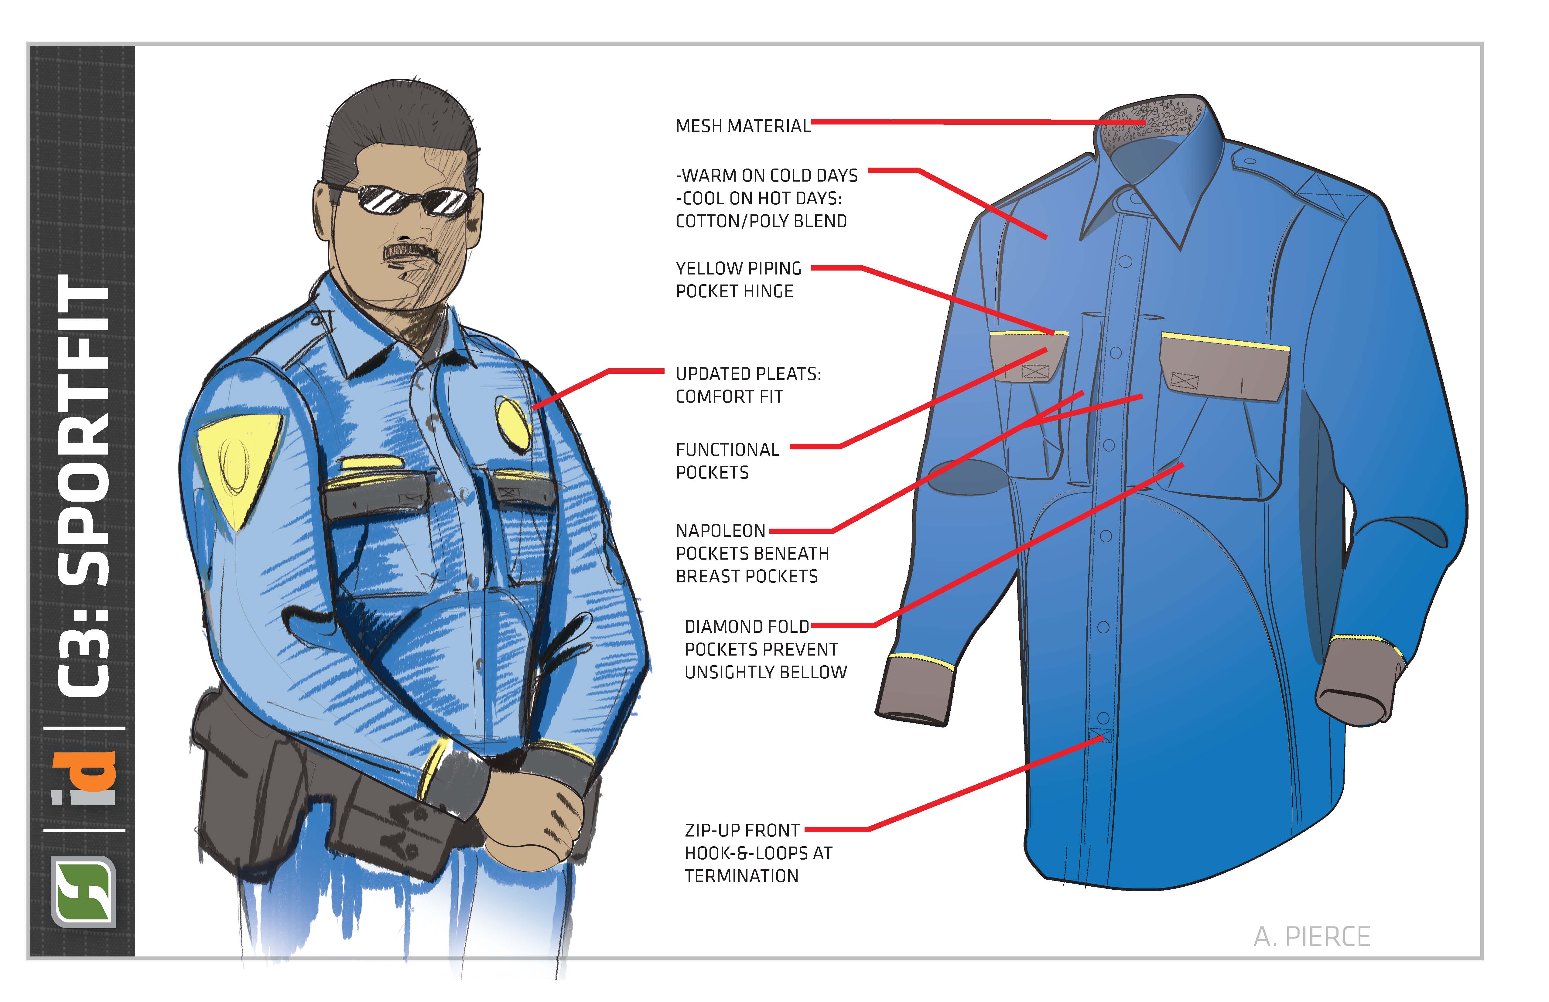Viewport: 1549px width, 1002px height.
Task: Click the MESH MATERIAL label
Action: [x=743, y=126]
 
